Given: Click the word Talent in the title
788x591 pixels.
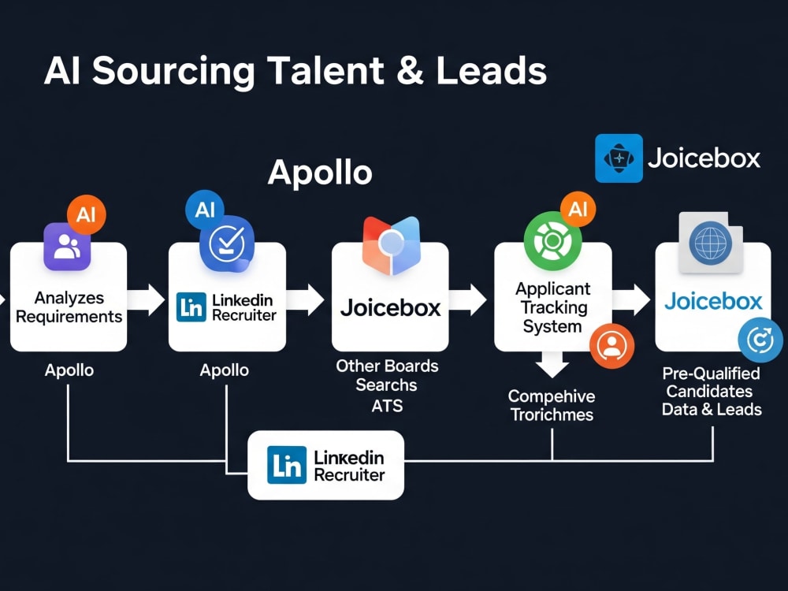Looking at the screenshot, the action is (325, 70).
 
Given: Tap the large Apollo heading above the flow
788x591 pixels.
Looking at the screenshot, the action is (320, 173).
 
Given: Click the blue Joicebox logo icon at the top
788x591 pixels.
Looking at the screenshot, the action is (619, 158).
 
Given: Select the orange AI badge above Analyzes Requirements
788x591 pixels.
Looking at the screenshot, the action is (87, 214).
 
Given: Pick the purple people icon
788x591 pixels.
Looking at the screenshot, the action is (67, 247).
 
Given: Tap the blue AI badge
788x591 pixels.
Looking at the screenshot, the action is (205, 209).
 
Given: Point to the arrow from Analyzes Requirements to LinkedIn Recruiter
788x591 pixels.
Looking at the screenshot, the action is (146, 299).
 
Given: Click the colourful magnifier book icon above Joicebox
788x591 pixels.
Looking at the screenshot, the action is (391, 246).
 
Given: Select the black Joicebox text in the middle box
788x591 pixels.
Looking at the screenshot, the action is (391, 307).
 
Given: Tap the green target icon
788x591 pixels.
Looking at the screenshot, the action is (552, 241).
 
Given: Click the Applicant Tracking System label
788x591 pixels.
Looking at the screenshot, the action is (553, 307).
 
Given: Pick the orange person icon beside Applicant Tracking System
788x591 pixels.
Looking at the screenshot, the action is (611, 346).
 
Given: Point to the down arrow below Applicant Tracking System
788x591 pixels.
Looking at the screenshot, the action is (552, 364).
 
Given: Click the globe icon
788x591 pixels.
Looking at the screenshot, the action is (711, 243).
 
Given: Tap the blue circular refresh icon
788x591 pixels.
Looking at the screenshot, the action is (760, 340).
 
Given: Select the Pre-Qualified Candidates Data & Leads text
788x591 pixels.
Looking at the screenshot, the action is (712, 392).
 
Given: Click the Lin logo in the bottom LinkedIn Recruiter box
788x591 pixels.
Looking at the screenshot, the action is (287, 465).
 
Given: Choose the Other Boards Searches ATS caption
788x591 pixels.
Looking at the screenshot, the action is (387, 385).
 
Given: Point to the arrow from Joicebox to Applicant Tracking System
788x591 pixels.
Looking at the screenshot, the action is (468, 299).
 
